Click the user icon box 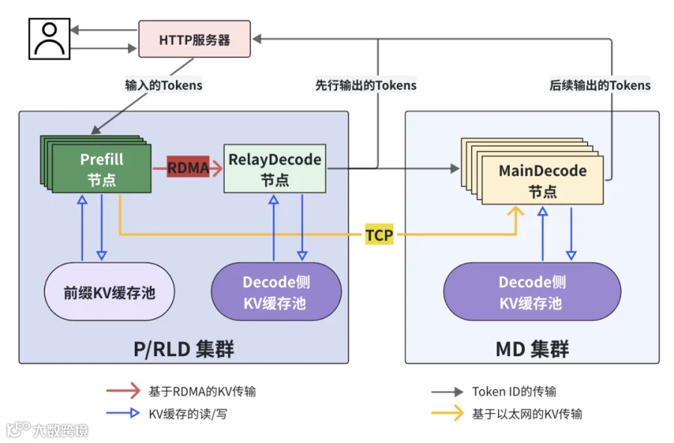coord(49,39)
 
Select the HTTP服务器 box coord(194,39)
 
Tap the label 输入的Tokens coord(164,85)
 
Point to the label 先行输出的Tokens coord(365,85)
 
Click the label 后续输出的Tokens coord(600,85)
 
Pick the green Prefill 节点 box coord(101,168)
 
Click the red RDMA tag coord(188,168)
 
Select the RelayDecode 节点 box coord(275,168)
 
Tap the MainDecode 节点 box coord(542,180)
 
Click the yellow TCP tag coord(379,235)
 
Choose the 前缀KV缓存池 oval coord(109,292)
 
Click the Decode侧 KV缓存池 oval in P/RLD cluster coord(276,292)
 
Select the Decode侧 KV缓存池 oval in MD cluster coord(532,292)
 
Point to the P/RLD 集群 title coord(183,349)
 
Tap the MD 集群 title coord(532,349)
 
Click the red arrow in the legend coord(124,391)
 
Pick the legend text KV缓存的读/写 coord(188,415)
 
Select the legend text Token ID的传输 coord(514,391)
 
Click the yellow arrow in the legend coord(448,413)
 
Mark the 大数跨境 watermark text coord(61,430)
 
